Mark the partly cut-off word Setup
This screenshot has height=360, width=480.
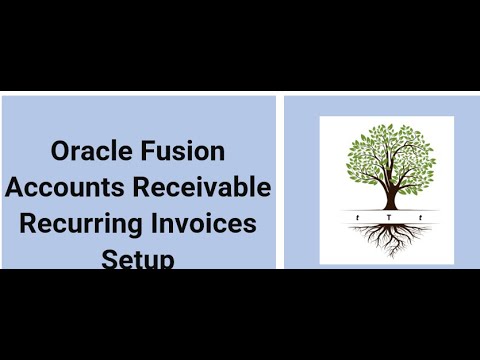[x=138, y=259]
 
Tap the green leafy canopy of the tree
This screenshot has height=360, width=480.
[x=387, y=158]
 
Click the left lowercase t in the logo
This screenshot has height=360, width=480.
[x=358, y=217]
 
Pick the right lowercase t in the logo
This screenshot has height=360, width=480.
[x=420, y=217]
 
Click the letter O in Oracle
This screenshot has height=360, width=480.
[x=61, y=152]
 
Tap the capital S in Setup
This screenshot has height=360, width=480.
[x=108, y=259]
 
